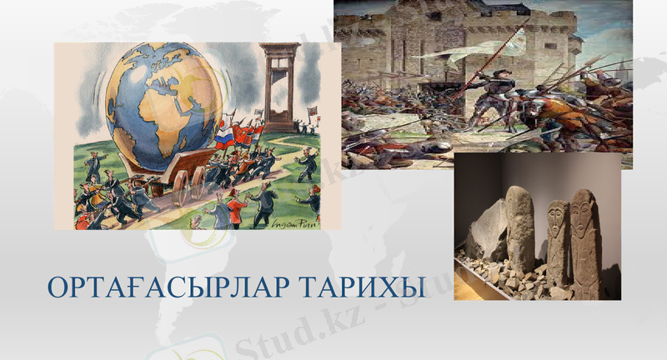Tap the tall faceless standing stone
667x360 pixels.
click(520, 233)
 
